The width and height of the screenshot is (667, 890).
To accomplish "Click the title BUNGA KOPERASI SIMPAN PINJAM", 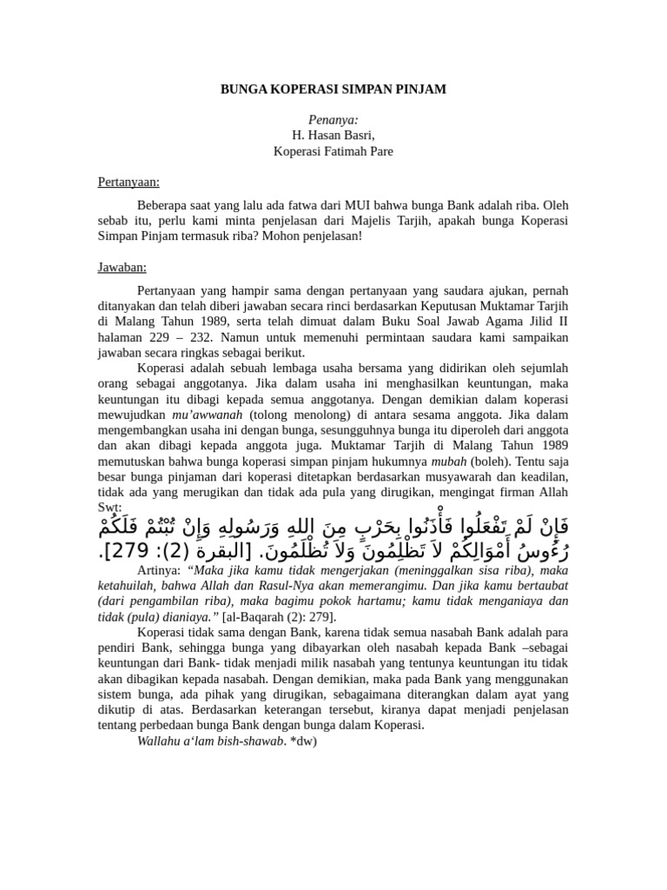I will point(333,90).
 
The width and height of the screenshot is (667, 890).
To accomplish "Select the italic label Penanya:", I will point(333,121).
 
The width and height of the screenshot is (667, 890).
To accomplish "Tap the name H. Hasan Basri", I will point(333,136).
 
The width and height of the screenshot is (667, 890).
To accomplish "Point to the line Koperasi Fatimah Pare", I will point(333,152).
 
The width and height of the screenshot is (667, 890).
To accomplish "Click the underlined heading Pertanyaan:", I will point(128,183).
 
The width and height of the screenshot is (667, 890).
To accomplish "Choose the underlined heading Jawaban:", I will point(121,267).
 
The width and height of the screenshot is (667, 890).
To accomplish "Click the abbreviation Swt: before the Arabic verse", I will point(109,506).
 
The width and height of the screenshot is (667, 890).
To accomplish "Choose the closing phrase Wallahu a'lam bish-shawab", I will point(197,741).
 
